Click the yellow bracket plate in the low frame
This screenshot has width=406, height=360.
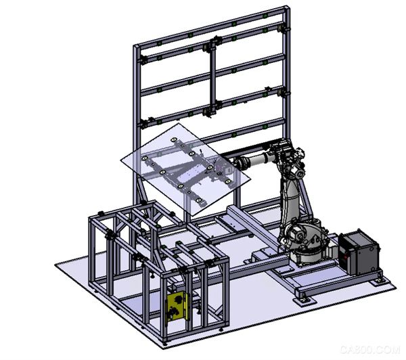(177, 306)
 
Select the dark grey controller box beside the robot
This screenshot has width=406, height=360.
(359, 252)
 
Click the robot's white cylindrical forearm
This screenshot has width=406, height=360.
(255, 159)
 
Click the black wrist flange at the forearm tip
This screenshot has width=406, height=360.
(233, 162)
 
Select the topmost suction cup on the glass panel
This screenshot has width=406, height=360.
(174, 140)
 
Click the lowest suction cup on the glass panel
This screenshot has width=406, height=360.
(198, 200)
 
